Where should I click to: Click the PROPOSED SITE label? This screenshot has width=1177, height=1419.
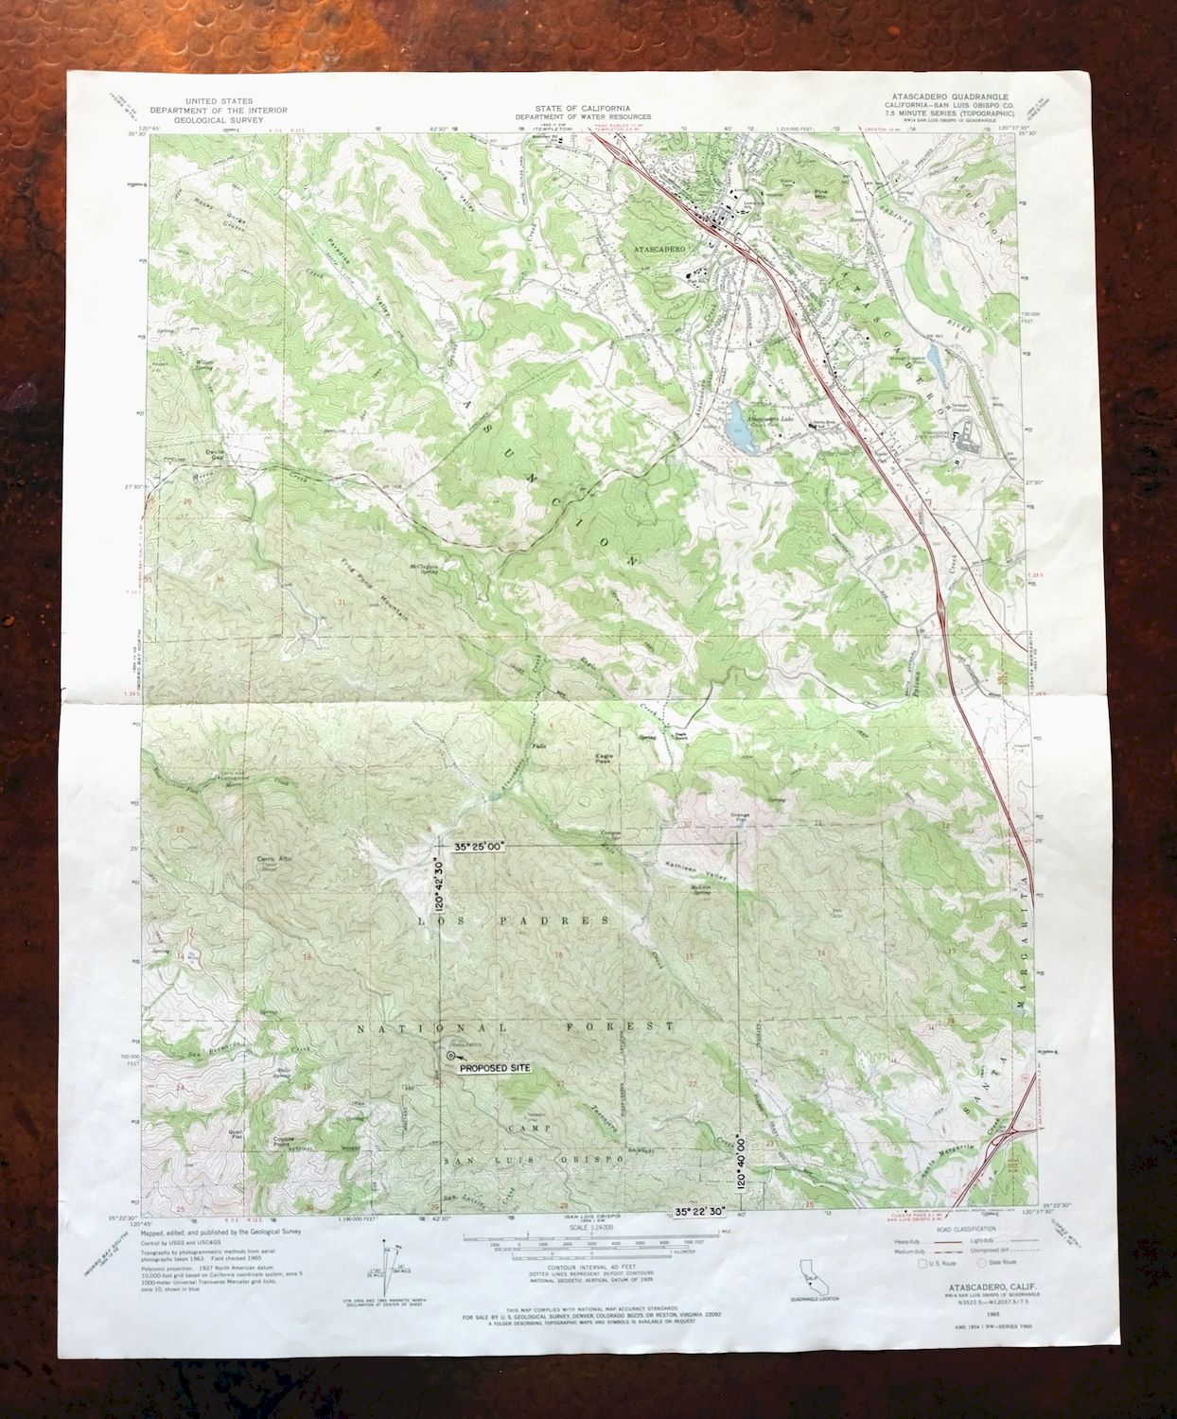point(495,1068)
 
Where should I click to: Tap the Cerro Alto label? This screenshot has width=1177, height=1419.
point(272,859)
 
